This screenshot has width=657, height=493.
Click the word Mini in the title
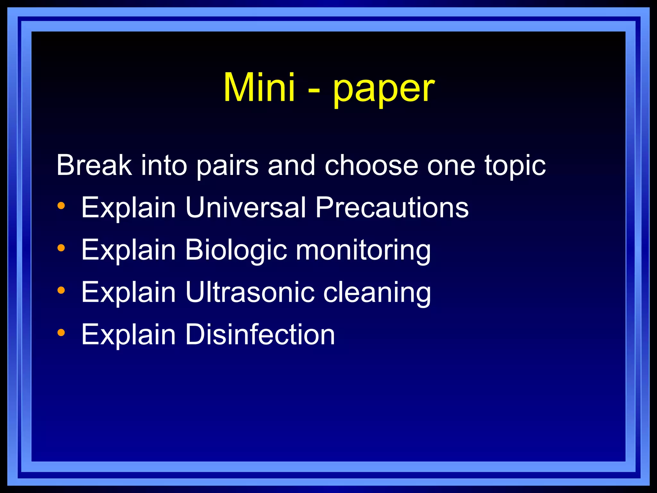[x=259, y=87]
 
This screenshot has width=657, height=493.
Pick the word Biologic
[x=236, y=250]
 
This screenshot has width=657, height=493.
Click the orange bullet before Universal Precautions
[x=61, y=205]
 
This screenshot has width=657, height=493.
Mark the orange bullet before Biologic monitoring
[x=61, y=248]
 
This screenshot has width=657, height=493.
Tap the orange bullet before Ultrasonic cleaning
[x=61, y=290]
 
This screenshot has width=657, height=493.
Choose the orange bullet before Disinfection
[x=61, y=333]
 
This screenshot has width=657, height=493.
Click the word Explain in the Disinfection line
[x=128, y=335]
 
